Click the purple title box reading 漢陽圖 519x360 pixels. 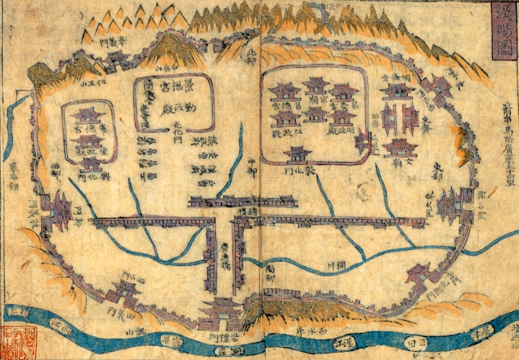point(502,33)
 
